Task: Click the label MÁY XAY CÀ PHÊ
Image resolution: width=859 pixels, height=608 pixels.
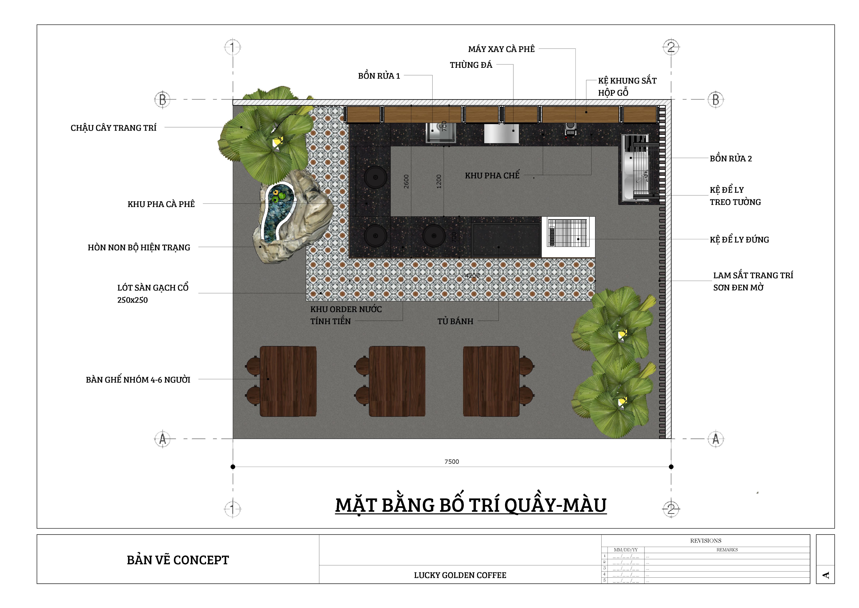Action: [501, 49]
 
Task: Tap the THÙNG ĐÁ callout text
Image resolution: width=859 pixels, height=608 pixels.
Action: [471, 65]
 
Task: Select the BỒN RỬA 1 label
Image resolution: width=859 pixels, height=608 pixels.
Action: [379, 76]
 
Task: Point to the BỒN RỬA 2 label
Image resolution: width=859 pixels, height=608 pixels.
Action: [731, 159]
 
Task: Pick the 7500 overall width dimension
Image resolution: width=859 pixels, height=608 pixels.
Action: [452, 462]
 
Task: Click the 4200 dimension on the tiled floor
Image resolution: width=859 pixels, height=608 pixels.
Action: [472, 276]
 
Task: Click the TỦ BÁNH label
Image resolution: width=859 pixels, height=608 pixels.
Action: [455, 321]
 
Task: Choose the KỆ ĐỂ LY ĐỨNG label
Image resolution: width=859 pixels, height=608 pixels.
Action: [739, 240]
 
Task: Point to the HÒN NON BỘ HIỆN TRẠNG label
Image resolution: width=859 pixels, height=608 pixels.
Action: [139, 248]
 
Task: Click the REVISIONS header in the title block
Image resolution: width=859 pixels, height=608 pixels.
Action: [706, 541]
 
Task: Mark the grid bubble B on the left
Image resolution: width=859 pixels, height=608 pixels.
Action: [162, 100]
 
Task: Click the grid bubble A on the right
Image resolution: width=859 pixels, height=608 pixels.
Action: [716, 439]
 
